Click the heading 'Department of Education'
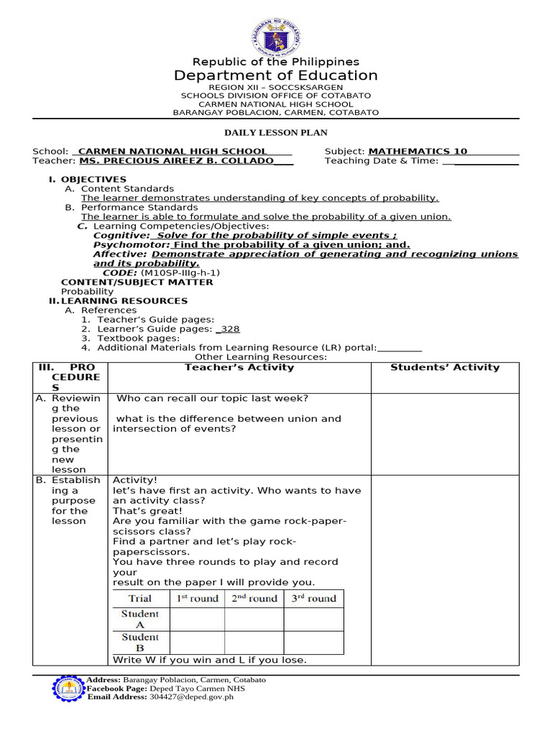(276, 75)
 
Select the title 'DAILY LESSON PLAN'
(276, 133)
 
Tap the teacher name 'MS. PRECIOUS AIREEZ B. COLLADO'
(176, 161)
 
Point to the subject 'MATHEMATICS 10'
(418, 151)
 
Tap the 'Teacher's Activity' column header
(239, 367)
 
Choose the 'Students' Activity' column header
(444, 367)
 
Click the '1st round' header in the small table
(197, 599)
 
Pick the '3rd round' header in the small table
(313, 599)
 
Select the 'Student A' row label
(140, 620)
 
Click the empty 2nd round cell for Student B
(254, 643)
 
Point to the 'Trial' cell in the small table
(140, 599)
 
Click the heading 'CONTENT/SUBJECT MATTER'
(137, 282)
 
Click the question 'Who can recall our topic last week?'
(213, 398)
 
